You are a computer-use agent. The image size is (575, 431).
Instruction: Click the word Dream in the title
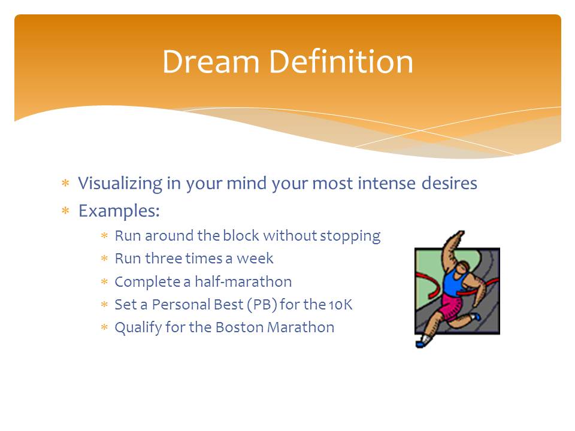[211, 62]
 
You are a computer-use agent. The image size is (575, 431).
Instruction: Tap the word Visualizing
[120, 184]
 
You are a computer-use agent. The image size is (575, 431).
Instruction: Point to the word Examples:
[119, 211]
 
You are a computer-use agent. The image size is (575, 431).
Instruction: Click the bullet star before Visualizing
[66, 183]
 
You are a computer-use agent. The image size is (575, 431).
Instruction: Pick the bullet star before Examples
[66, 210]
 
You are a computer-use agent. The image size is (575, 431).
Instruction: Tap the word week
[255, 259]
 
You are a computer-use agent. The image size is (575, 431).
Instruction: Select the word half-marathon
[243, 281]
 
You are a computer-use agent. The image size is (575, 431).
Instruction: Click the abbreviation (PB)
[262, 305]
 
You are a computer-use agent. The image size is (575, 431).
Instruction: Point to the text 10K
[341, 305]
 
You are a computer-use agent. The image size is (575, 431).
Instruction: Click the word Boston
[240, 327]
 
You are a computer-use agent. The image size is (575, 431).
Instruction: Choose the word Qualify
[138, 327]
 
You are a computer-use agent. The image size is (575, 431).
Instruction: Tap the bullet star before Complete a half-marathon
[104, 281]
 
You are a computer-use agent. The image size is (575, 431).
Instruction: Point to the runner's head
[464, 266]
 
